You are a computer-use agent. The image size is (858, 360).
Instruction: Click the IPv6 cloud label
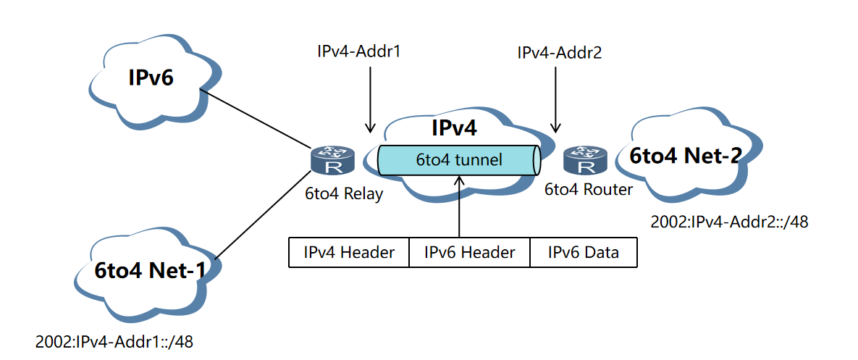[x=151, y=77]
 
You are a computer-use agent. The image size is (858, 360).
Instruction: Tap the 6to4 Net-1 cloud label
[x=149, y=270]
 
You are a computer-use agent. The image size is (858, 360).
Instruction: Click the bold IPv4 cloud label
[x=454, y=128]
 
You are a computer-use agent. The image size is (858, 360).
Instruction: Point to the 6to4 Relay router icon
[x=334, y=161]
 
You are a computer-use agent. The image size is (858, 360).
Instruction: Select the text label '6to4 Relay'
[x=343, y=194]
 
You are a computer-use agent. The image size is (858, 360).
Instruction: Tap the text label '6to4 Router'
[x=589, y=190]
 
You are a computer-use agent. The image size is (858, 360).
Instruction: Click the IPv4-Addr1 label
[x=359, y=51]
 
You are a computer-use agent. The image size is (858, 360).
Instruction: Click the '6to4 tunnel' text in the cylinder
[x=458, y=160]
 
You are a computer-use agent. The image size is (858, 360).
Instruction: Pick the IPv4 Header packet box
[x=349, y=253]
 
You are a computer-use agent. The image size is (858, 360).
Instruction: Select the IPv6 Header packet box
[x=470, y=253]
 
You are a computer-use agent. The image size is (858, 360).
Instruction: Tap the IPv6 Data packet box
[x=584, y=253]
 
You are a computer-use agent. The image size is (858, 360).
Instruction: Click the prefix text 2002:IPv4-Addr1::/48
[x=114, y=340]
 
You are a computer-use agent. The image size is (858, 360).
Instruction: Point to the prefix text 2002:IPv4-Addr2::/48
[x=728, y=222]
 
